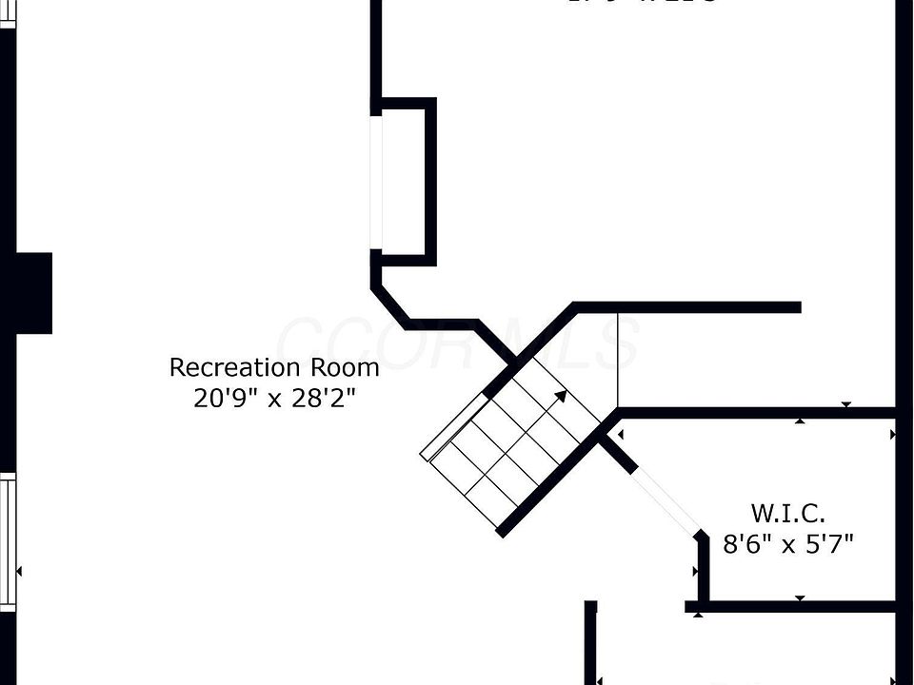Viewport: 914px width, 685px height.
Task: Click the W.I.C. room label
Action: (x=787, y=514)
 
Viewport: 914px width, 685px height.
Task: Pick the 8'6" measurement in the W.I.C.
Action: (x=745, y=545)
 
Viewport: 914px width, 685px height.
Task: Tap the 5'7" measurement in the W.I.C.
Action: (x=830, y=545)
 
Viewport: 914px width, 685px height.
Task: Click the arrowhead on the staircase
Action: (x=561, y=396)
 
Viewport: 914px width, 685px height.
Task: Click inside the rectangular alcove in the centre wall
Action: (x=404, y=181)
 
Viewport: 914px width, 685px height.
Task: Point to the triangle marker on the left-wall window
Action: (x=19, y=571)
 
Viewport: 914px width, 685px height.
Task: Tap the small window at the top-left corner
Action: (x=8, y=13)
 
